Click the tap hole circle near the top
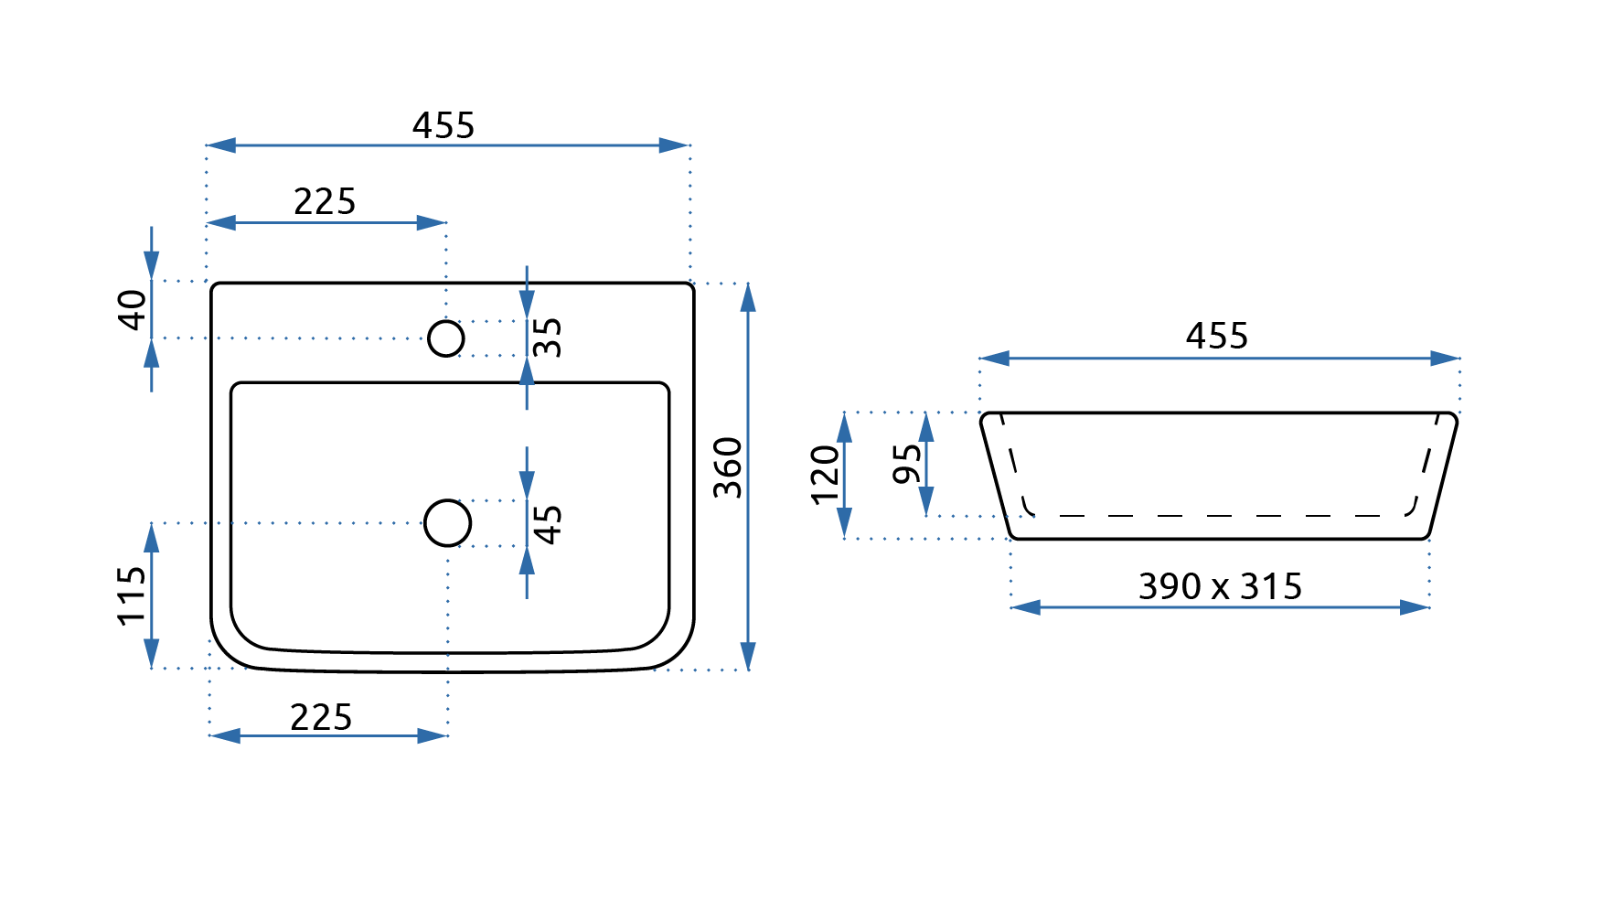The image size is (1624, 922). (446, 338)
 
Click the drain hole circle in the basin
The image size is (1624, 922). (448, 523)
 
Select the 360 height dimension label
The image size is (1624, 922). (728, 467)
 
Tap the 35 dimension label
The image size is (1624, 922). (547, 338)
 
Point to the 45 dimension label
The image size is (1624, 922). (547, 525)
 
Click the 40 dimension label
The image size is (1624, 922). (133, 309)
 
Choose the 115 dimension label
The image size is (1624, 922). (133, 595)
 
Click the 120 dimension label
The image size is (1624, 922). (825, 475)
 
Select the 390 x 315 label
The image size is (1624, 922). (1220, 586)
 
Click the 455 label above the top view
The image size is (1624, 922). (443, 125)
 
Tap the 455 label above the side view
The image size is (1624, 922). (1217, 336)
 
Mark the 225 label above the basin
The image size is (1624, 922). (325, 201)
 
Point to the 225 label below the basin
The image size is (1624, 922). (321, 717)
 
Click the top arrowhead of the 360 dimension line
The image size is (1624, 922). (748, 296)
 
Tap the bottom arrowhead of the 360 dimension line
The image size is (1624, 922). (748, 657)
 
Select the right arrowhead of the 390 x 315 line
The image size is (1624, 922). (1416, 607)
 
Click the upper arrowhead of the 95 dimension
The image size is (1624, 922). (926, 426)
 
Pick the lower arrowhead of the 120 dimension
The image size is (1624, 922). (845, 524)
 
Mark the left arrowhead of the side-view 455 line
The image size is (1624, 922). (994, 359)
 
